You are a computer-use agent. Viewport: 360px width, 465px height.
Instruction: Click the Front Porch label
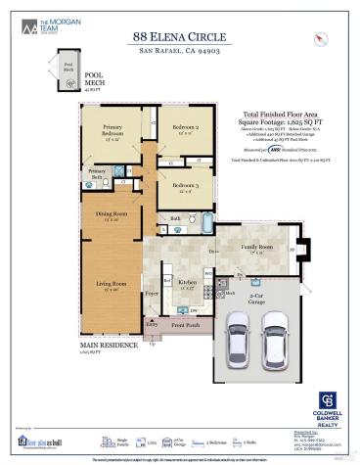pos(185,325)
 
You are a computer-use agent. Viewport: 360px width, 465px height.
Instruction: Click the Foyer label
pos(153,291)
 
